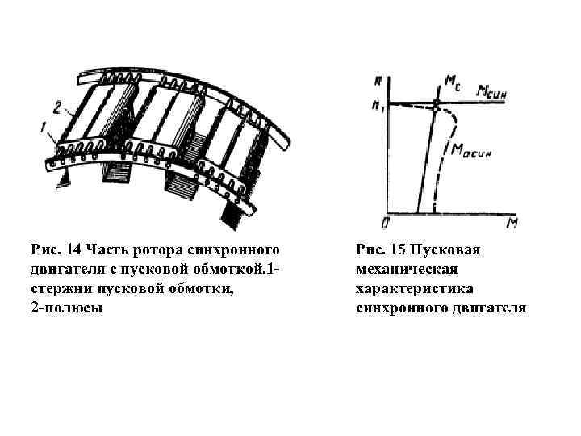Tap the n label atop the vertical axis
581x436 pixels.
[378, 82]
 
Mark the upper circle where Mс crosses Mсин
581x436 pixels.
[437, 103]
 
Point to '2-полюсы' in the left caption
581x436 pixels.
[67, 308]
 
